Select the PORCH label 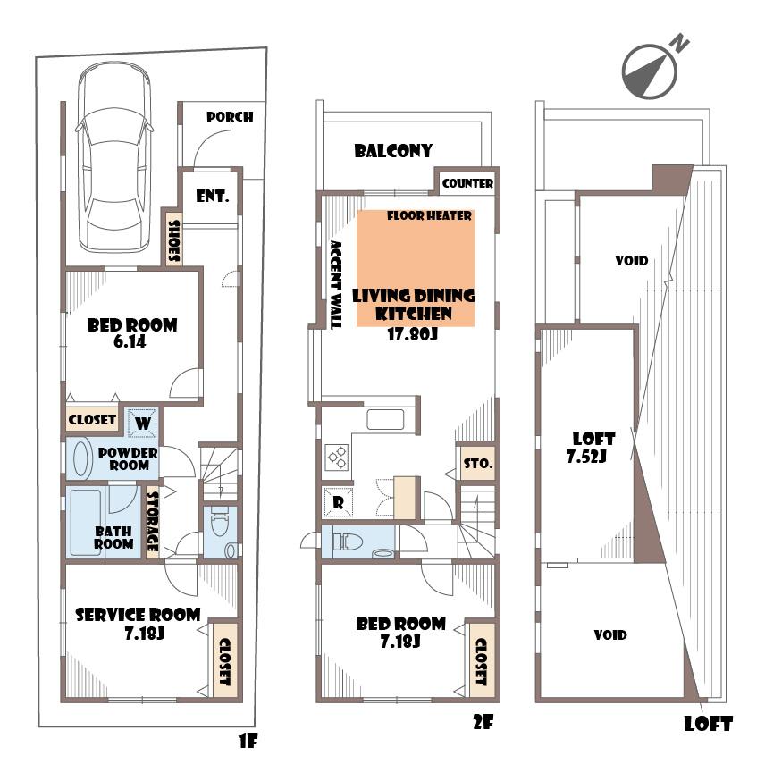pyautogui.click(x=230, y=116)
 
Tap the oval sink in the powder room pyautogui.click(x=81, y=459)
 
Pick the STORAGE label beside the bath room pyautogui.click(x=153, y=522)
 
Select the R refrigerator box pyautogui.click(x=338, y=502)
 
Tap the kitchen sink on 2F pyautogui.click(x=386, y=419)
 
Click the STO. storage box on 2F pyautogui.click(x=475, y=464)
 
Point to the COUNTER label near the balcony pyautogui.click(x=467, y=183)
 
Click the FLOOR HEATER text pyautogui.click(x=429, y=216)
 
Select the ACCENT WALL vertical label pyautogui.click(x=337, y=285)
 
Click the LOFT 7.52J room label pyautogui.click(x=593, y=448)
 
